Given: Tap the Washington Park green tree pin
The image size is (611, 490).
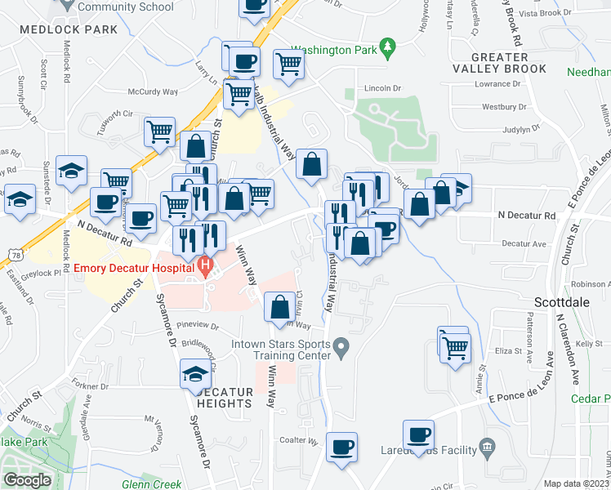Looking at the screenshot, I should pyautogui.click(x=389, y=49).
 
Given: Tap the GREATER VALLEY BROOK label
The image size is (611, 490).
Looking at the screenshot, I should pyautogui.click(x=500, y=63).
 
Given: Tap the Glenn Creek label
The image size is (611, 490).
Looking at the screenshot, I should pyautogui.click(x=151, y=483).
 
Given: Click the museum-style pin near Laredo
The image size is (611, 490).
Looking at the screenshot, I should pyautogui.click(x=488, y=447).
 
